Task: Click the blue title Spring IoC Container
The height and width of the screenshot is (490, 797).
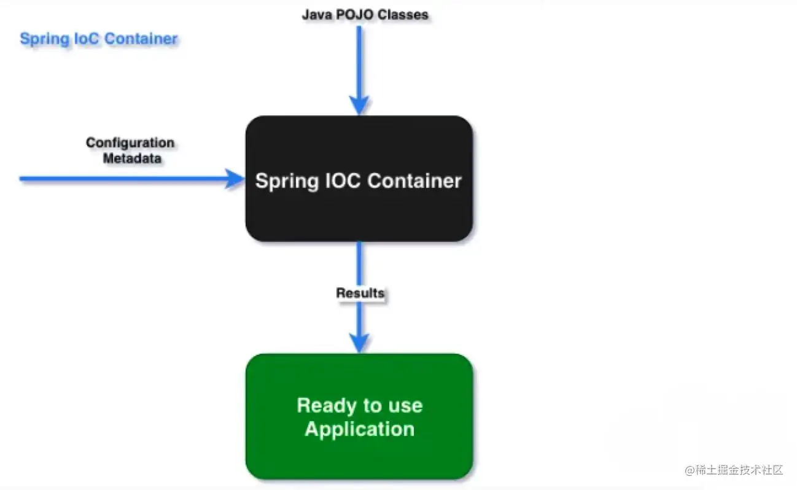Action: coord(98,39)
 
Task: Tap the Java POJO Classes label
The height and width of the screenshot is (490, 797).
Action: coord(365,14)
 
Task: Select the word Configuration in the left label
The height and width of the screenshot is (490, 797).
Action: coord(130,143)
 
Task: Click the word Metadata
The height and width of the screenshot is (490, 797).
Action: coord(132,158)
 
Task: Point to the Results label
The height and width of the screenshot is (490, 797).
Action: coord(360,293)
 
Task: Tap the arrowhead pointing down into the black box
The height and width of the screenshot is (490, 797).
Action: coord(359,105)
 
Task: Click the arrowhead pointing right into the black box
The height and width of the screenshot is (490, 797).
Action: coord(235,179)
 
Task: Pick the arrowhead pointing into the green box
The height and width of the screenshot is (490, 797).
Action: coord(359,343)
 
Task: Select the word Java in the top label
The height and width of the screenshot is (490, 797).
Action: coord(314,14)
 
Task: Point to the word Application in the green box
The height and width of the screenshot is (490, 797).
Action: coord(359,429)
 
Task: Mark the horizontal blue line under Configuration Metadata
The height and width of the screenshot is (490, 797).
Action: coord(123,179)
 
